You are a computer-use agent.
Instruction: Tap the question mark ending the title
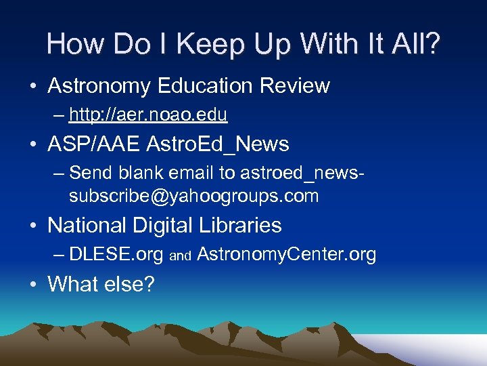pyautogui.click(x=432, y=45)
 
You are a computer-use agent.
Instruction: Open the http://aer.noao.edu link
pyautogui.click(x=148, y=115)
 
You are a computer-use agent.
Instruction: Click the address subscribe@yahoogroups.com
pyautogui.click(x=193, y=197)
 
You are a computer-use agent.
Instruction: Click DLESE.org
pyautogui.click(x=116, y=254)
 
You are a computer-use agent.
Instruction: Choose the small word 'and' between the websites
pyautogui.click(x=181, y=256)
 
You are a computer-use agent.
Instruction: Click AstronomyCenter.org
pyautogui.click(x=287, y=254)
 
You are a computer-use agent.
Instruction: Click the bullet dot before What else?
pyautogui.click(x=32, y=284)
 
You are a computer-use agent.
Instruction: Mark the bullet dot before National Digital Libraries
pyautogui.click(x=32, y=226)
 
